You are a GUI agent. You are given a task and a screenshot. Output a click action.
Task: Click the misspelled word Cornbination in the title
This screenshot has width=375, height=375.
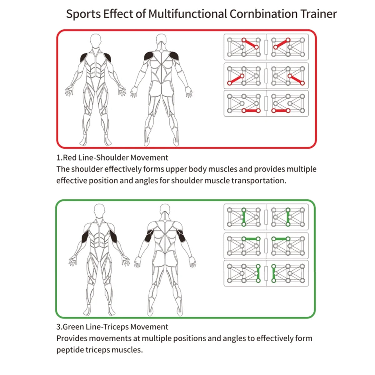point(264,14)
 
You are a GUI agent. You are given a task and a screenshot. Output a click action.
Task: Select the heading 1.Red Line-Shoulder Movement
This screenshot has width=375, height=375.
point(112,157)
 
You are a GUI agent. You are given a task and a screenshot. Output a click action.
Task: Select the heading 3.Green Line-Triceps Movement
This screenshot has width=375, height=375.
point(112,327)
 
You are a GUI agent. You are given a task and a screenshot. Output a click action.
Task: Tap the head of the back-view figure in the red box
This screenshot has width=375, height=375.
point(161,41)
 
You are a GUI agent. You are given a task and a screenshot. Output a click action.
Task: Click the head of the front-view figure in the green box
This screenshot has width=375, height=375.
point(99,211)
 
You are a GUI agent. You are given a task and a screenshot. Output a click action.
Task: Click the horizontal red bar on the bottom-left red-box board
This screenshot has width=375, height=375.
point(251,111)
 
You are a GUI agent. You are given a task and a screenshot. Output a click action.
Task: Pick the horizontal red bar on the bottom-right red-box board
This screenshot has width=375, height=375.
point(281,111)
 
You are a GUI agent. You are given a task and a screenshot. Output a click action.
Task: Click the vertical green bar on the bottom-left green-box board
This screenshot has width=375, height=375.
point(258,273)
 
